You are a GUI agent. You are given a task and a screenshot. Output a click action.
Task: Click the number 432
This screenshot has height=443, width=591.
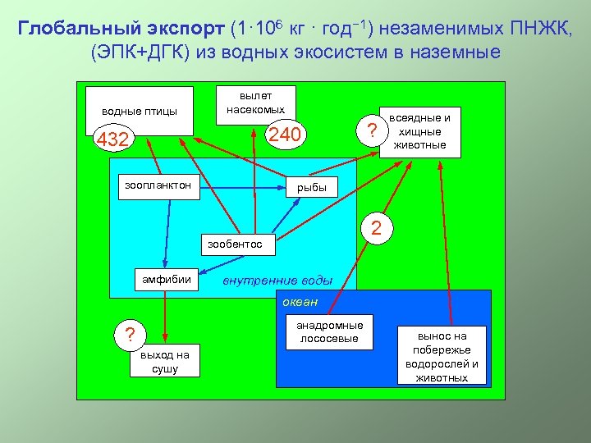(112, 140)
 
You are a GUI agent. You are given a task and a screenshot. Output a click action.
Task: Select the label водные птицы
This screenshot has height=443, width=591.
(140, 111)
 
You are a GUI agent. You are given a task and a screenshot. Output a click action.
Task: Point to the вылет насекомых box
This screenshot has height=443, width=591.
(256, 103)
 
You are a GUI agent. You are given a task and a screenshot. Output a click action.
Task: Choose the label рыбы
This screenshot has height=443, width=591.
(312, 188)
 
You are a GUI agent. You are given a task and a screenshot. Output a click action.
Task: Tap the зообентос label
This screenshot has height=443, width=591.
(235, 244)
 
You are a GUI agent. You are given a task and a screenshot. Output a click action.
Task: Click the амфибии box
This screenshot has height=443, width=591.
(167, 279)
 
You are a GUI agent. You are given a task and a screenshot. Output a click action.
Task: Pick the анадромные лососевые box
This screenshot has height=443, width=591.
(329, 331)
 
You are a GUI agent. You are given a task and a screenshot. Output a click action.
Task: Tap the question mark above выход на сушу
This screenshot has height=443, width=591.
(128, 335)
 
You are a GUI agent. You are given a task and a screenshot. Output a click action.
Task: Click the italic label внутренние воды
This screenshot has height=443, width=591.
(277, 280)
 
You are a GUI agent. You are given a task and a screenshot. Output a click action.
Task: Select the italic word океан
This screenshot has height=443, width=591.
(300, 302)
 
